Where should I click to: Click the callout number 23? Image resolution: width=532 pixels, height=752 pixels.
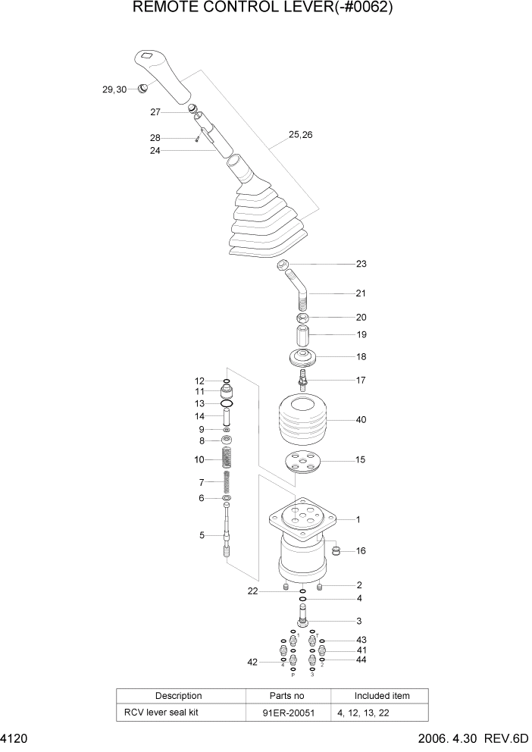(x=361, y=265)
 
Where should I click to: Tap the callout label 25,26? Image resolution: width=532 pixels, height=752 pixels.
(x=300, y=136)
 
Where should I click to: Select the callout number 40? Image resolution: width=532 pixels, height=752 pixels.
(x=361, y=419)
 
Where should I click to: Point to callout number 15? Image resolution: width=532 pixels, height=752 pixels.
(x=361, y=459)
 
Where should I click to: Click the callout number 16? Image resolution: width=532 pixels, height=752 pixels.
(x=361, y=550)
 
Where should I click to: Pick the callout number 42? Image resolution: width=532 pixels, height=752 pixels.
(x=253, y=662)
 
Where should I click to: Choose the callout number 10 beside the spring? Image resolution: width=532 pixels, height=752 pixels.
(x=199, y=459)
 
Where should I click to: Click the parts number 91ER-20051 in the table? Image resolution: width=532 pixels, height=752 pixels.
(x=287, y=713)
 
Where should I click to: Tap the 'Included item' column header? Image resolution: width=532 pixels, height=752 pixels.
(x=382, y=696)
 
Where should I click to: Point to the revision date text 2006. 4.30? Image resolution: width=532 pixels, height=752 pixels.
(x=447, y=738)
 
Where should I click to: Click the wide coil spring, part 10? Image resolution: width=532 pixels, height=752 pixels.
(x=226, y=458)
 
